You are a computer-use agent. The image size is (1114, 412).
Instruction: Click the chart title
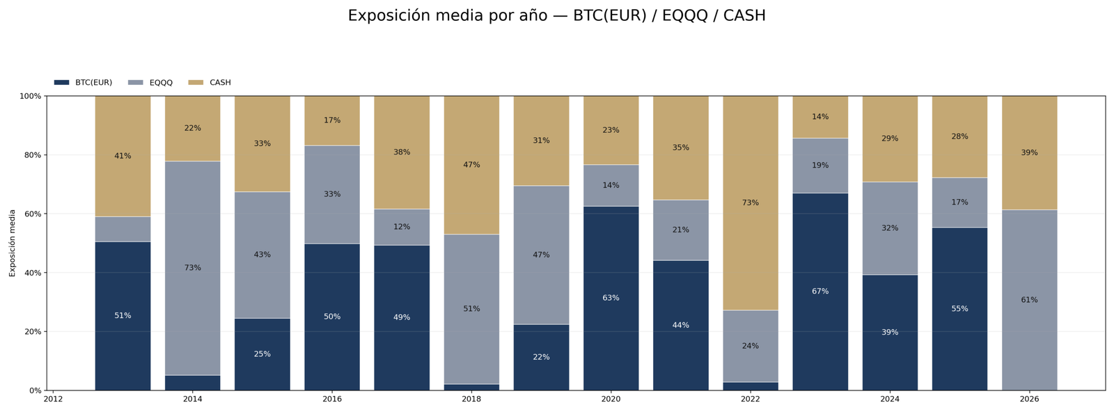pyautogui.click(x=556, y=15)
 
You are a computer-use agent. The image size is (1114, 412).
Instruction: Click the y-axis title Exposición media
pyautogui.click(x=12, y=243)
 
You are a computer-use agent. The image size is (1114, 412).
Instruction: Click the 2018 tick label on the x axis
pyautogui.click(x=471, y=399)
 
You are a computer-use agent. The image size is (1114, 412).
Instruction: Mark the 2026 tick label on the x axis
pyautogui.click(x=1029, y=399)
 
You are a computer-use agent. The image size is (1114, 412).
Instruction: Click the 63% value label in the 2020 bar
pyautogui.click(x=611, y=298)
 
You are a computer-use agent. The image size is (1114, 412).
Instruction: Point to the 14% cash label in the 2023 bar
pyautogui.click(x=820, y=117)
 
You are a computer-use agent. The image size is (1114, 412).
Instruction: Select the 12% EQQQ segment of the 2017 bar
pyautogui.click(x=402, y=227)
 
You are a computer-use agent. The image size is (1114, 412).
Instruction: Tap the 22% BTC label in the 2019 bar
pyautogui.click(x=541, y=357)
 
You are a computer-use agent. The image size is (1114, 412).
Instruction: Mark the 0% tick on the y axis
pyautogui.click(x=33, y=390)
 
